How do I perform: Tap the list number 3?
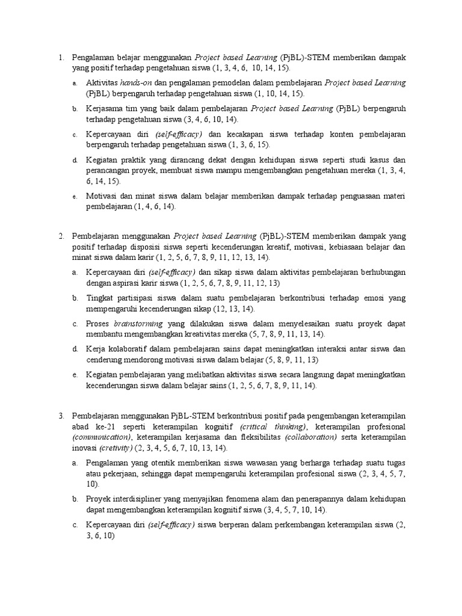point(61,416)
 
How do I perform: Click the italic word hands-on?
point(135,82)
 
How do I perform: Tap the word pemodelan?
point(244,82)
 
